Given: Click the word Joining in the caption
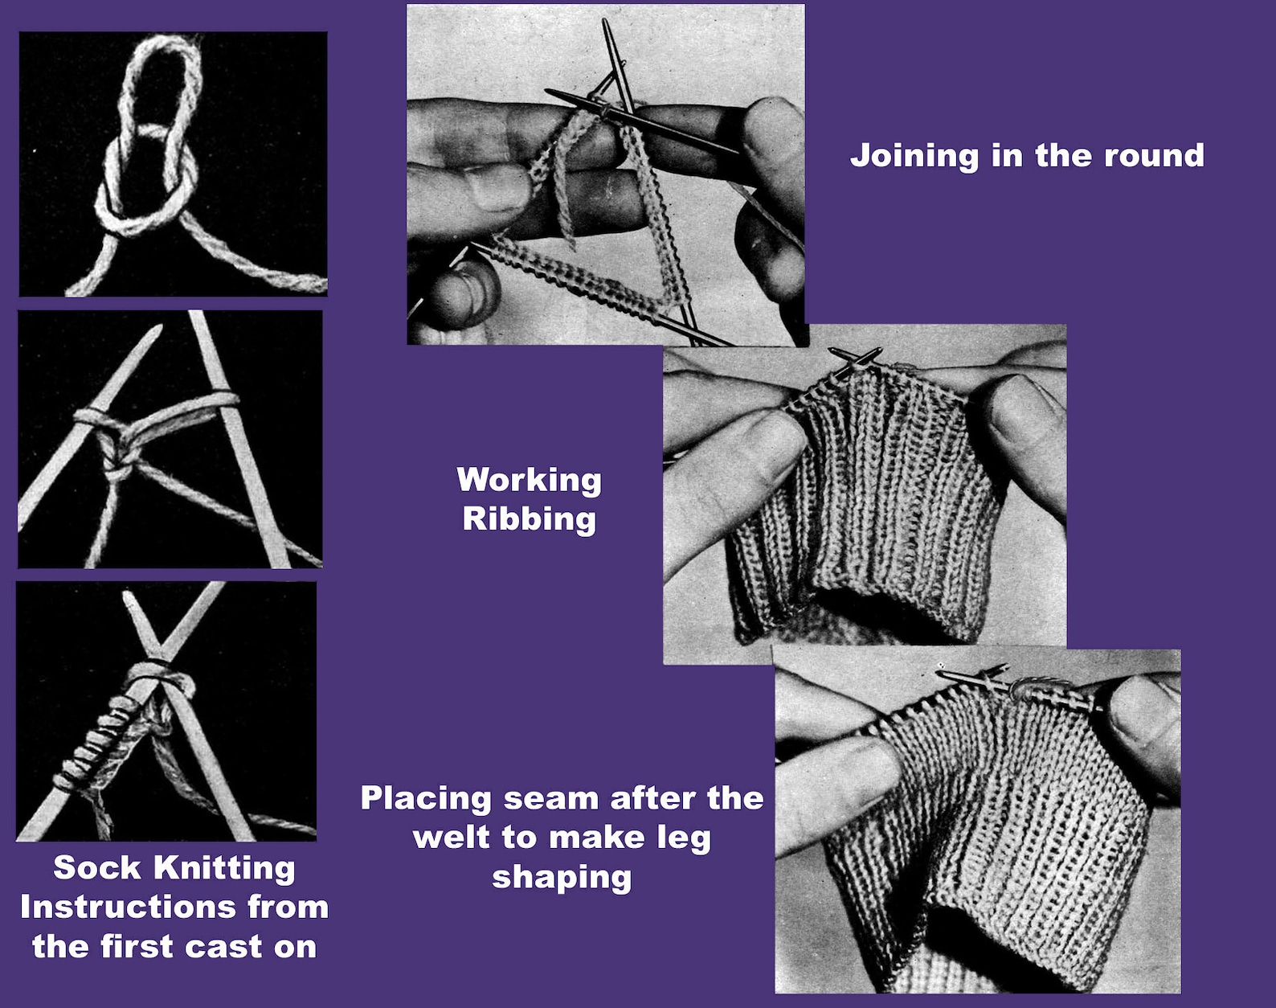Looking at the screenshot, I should pyautogui.click(x=914, y=156).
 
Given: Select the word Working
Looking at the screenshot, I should pyautogui.click(x=529, y=480).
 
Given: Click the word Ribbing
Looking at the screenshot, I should pyautogui.click(x=529, y=518).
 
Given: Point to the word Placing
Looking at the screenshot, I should pyautogui.click(x=425, y=798).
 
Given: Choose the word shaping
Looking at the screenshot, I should pyautogui.click(x=562, y=877).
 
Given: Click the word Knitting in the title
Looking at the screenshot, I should pyautogui.click(x=224, y=868).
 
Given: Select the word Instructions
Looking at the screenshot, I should pyautogui.click(x=128, y=907).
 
